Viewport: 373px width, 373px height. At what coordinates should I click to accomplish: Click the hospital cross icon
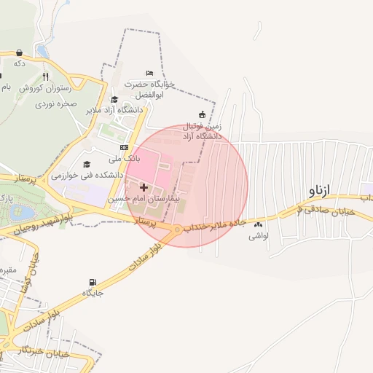coord(144,187)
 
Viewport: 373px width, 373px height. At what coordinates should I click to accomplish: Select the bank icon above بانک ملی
coord(123,147)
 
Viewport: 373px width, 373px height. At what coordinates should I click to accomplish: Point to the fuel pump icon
coord(92,283)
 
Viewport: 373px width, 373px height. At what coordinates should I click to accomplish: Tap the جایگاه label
coord(93,294)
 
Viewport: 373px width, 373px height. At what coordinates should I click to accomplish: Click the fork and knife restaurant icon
coord(45,76)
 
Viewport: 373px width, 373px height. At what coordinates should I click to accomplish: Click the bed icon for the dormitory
coord(149,74)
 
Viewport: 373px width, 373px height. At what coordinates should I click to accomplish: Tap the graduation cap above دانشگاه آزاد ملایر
coord(114,100)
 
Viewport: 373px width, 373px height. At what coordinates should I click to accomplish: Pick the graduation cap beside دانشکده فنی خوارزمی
coord(87,165)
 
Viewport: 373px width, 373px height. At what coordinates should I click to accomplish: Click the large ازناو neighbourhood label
coord(320,191)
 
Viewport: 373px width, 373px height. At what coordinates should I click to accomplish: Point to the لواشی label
coord(259,236)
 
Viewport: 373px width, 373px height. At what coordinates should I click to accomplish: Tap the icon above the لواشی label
coord(259,225)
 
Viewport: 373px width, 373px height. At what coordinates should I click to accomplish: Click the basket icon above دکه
coord(19,52)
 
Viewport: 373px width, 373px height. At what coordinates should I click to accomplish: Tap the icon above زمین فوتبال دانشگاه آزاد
coord(202,114)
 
